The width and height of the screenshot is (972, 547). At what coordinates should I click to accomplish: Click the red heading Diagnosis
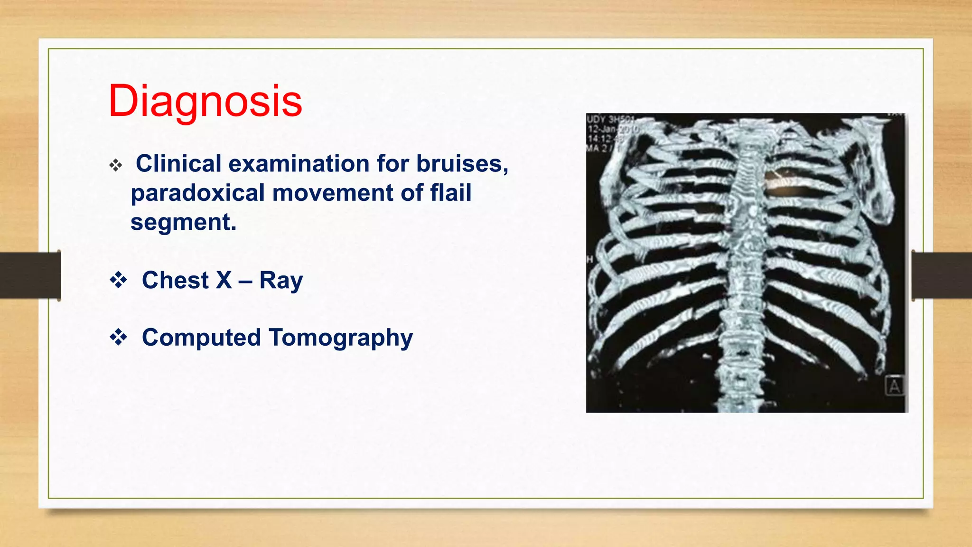coord(205,101)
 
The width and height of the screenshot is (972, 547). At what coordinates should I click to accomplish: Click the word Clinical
coord(178,164)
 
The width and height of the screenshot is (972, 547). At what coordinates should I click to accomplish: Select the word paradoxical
coord(197,193)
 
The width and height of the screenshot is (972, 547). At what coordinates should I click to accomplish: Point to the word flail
coord(450,193)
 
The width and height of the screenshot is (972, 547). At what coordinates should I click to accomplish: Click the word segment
coord(183,222)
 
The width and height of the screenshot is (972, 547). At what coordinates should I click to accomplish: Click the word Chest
coord(175,280)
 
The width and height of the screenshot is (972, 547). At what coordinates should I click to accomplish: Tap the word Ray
coord(280,280)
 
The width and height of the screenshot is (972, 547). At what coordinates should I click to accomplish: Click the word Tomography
coord(340,338)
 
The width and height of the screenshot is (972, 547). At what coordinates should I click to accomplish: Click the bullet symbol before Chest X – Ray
coord(118,280)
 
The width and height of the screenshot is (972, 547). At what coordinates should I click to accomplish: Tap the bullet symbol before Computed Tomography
coord(118,338)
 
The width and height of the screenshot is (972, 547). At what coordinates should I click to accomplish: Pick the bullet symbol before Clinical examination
coord(116,166)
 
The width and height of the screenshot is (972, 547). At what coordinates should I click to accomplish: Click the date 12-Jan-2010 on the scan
coord(613,129)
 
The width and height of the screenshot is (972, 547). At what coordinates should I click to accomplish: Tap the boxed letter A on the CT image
coord(894,386)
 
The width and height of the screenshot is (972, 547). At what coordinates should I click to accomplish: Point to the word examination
coord(299,164)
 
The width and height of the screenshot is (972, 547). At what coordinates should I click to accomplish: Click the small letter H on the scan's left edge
coord(590,259)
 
